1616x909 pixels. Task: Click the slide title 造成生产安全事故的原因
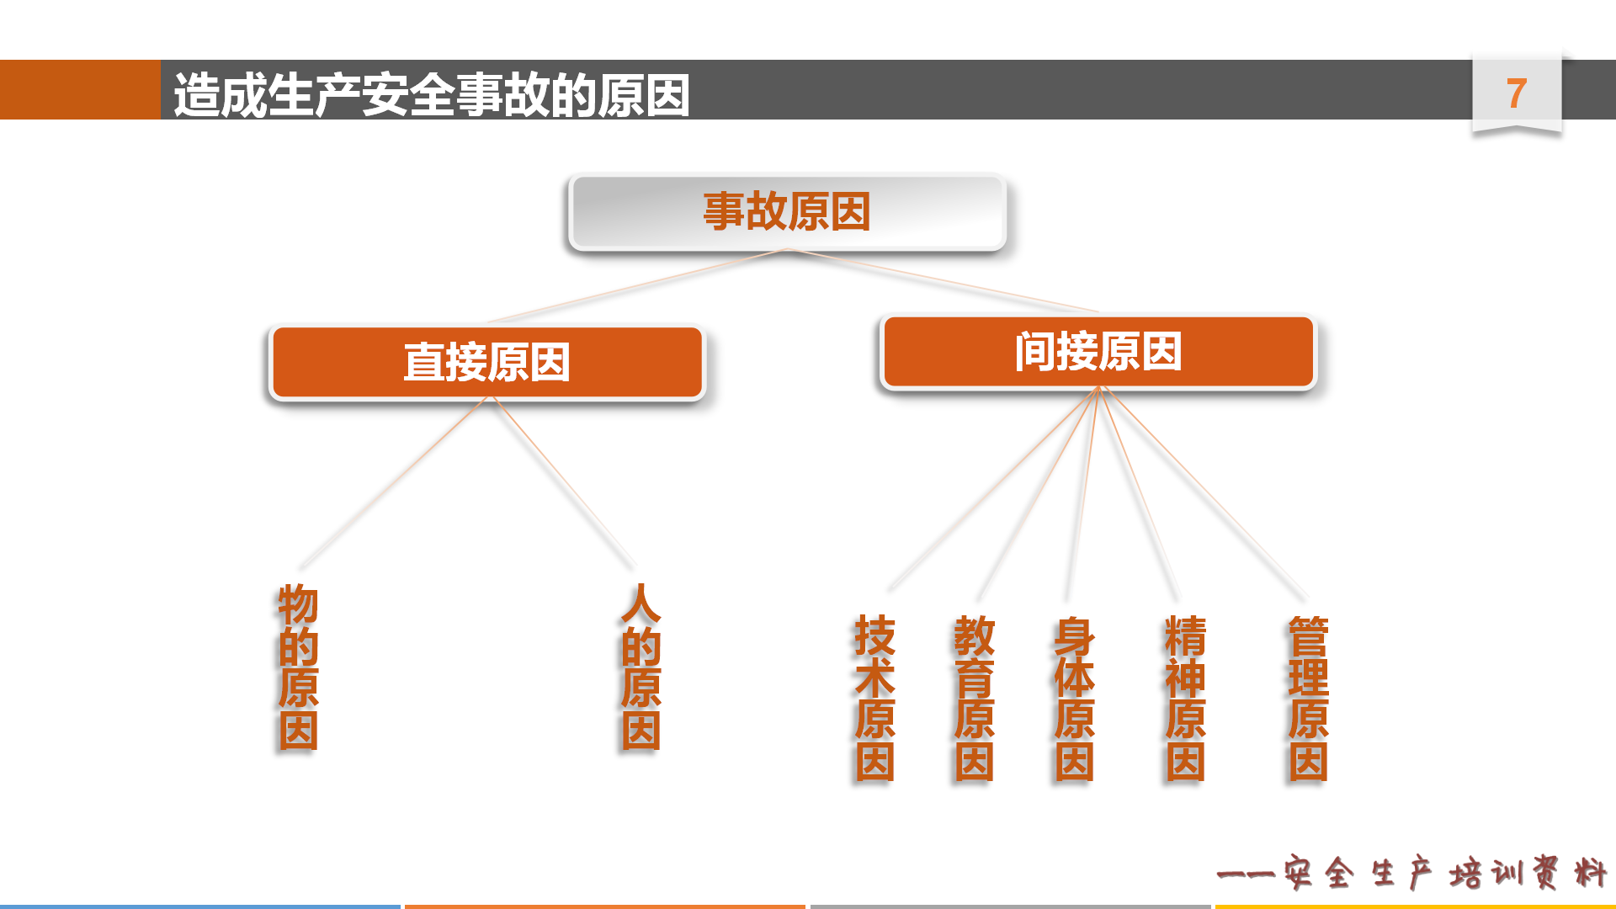(432, 94)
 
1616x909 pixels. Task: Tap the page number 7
(1517, 93)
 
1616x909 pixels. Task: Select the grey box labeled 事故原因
(787, 211)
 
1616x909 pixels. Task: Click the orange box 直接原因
(486, 362)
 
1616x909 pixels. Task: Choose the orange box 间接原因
(1098, 352)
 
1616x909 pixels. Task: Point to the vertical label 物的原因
(299, 667)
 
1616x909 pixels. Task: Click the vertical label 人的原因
(641, 667)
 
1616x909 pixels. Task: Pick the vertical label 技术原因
(874, 698)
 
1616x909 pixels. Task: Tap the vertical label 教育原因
(974, 698)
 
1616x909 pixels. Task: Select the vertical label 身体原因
(1074, 698)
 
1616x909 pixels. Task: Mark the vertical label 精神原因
(1185, 698)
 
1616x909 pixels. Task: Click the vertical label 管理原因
(1308, 698)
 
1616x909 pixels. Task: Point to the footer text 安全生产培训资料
(1444, 873)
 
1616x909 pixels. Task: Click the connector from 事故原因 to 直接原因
(637, 286)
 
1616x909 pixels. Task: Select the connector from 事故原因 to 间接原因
(943, 280)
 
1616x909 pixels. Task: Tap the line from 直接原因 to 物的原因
(393, 482)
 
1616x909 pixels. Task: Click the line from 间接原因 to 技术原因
(993, 488)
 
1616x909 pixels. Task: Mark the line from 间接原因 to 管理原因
(1203, 492)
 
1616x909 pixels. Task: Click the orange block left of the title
(80, 89)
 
